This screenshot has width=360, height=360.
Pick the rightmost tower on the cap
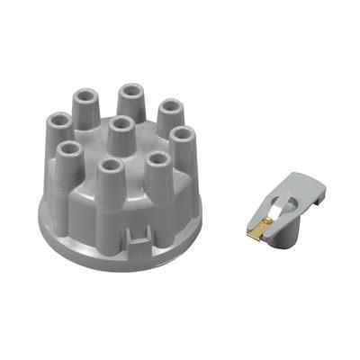point(182,145)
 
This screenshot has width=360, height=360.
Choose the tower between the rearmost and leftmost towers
point(87,107)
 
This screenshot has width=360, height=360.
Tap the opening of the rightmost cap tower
point(183,134)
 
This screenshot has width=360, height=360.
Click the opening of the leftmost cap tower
point(60,120)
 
